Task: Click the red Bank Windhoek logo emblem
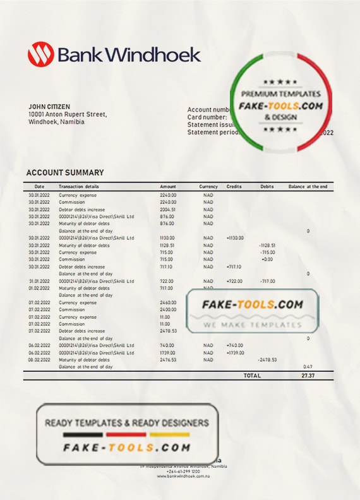[x=39, y=55]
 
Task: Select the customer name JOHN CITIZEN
[x=49, y=107]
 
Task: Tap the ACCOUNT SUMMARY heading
[x=65, y=172]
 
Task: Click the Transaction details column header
[x=79, y=187]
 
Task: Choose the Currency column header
[x=208, y=187]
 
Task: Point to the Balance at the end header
[x=308, y=187]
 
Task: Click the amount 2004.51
[x=167, y=210]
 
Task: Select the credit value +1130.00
[x=234, y=238]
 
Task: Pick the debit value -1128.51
[x=267, y=245]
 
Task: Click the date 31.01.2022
[x=39, y=281]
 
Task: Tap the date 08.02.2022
[x=39, y=359]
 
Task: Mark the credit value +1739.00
[x=234, y=352]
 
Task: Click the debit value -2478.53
[x=267, y=359]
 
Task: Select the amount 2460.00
[x=167, y=303]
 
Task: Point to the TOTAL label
[x=252, y=375]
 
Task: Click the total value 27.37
[x=308, y=375]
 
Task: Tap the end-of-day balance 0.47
[x=308, y=366]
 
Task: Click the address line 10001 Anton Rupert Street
[x=68, y=114]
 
